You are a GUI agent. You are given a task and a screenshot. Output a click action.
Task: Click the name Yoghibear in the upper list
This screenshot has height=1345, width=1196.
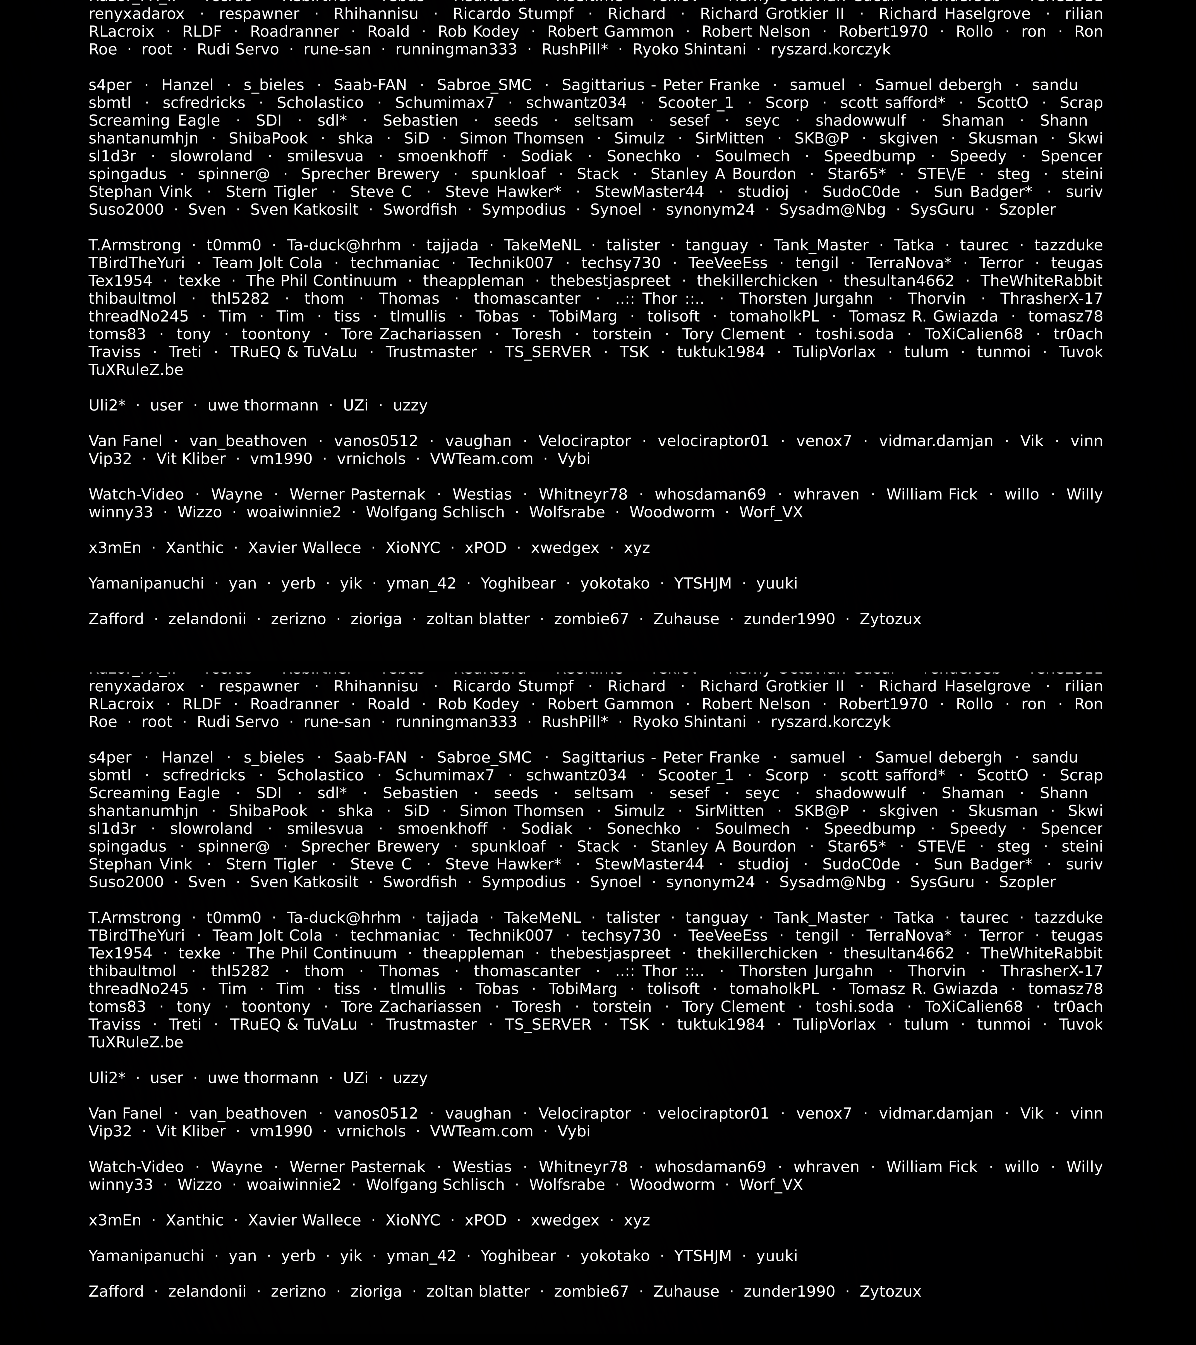click(518, 584)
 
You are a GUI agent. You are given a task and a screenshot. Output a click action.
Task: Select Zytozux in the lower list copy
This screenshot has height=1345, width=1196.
click(890, 1292)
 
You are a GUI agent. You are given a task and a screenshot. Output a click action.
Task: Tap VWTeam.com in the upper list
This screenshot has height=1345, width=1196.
click(481, 459)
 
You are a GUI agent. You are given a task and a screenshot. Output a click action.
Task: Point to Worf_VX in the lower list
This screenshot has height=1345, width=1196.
click(771, 1185)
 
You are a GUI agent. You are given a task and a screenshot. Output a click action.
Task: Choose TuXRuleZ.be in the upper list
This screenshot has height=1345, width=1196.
click(135, 370)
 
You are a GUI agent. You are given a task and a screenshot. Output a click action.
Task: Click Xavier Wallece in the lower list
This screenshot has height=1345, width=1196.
click(304, 1221)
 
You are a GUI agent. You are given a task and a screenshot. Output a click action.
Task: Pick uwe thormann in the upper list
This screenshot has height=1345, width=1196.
click(263, 406)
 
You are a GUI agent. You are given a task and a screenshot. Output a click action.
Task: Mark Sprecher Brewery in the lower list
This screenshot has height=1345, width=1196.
click(370, 847)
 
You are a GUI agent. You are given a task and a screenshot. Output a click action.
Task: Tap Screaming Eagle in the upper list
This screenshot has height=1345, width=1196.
click(154, 121)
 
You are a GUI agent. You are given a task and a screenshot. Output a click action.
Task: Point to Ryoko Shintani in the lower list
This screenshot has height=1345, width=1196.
click(689, 722)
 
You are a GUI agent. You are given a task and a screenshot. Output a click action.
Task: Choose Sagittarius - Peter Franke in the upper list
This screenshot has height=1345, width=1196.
click(660, 85)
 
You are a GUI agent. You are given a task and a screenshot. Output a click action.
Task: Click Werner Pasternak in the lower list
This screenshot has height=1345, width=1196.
click(357, 1167)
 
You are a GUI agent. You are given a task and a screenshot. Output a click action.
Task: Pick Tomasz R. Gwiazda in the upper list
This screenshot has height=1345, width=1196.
click(923, 317)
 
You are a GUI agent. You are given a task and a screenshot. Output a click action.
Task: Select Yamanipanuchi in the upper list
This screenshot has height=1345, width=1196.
click(146, 584)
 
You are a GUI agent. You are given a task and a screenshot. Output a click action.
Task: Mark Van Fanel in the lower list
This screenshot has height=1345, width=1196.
click(125, 1114)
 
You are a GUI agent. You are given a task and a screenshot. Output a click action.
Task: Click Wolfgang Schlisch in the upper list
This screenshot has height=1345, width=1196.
click(435, 513)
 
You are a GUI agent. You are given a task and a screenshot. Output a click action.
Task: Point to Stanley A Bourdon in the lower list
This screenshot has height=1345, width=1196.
click(723, 847)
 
